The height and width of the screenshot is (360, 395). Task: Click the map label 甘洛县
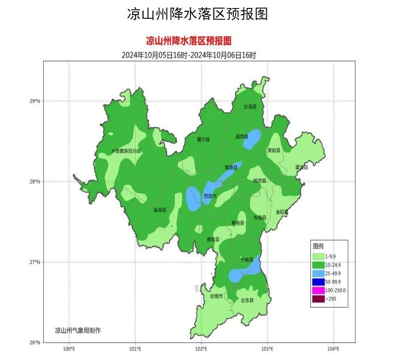point(250,107)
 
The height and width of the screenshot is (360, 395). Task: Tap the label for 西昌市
point(210,196)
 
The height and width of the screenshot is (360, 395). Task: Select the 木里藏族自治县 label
point(126,151)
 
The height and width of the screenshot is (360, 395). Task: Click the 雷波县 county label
point(301,168)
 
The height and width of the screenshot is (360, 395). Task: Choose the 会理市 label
point(216,296)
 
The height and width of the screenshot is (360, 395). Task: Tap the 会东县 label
point(247,300)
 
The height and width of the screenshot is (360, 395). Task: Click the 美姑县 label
point(273,151)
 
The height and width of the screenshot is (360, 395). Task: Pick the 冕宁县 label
point(203,140)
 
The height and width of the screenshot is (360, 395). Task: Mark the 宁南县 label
point(247,260)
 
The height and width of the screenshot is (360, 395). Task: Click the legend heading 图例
point(318,246)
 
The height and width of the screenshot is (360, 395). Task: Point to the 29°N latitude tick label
point(34,101)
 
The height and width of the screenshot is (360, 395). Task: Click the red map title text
point(188,41)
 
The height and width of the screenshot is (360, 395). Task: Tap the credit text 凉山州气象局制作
point(78,330)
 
